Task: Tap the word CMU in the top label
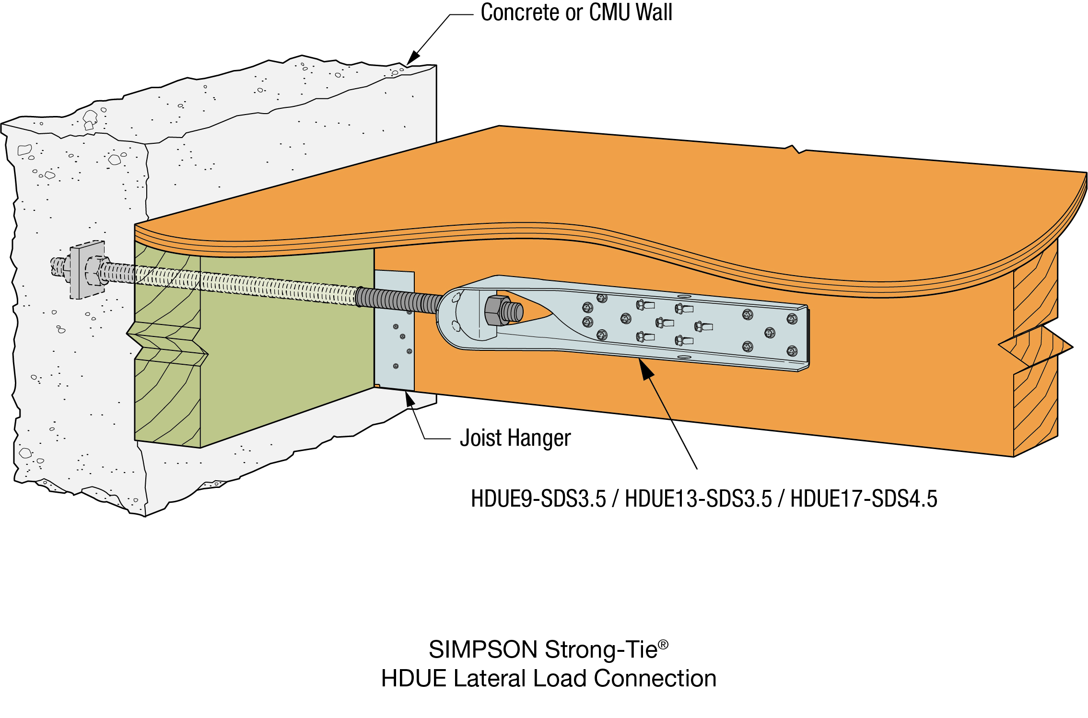click(608, 12)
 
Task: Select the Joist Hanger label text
click(515, 438)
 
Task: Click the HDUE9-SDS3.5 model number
click(538, 499)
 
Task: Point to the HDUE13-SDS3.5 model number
click(698, 499)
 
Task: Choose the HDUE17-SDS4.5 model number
click(864, 499)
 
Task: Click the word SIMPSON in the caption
click(483, 650)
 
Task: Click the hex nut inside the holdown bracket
click(497, 311)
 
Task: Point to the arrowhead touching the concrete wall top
click(412, 58)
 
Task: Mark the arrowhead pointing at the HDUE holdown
click(645, 369)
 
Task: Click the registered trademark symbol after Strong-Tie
click(663, 645)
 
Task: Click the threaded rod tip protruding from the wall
click(58, 266)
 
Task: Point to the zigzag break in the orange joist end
click(1036, 346)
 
